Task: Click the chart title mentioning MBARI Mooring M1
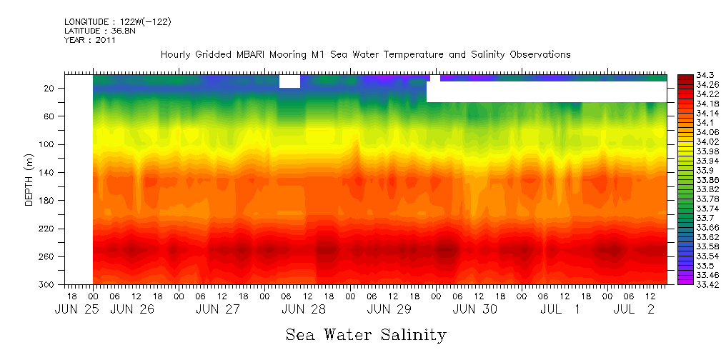tap(365, 54)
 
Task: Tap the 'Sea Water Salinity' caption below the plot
tap(366, 335)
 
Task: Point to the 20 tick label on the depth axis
tap(50, 88)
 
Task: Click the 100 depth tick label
tap(48, 144)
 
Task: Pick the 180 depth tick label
tap(48, 201)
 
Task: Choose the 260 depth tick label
tap(48, 256)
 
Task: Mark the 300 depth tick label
tap(48, 285)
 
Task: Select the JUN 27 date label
tap(218, 309)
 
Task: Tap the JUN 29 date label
tap(389, 309)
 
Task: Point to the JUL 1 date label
tap(558, 309)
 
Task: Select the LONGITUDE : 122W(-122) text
tap(117, 21)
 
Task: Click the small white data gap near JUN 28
tap(289, 81)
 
